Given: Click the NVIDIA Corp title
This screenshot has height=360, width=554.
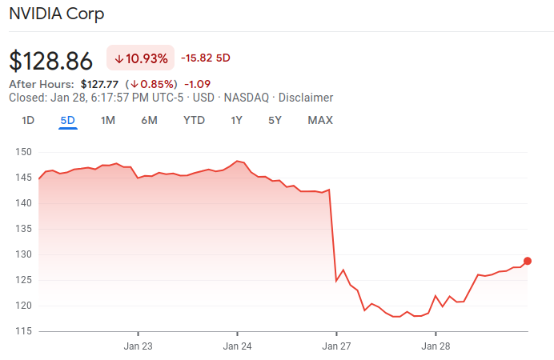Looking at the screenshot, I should click(56, 14).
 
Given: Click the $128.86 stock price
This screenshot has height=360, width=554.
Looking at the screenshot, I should click(50, 61).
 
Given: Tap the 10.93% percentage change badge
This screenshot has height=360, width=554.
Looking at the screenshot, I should click(141, 58).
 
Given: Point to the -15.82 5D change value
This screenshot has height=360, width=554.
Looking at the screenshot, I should click(206, 58).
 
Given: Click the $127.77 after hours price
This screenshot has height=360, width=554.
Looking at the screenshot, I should click(99, 83).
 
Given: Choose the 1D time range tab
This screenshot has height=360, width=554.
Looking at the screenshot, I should click(28, 121).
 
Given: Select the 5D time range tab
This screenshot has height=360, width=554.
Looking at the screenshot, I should click(67, 121).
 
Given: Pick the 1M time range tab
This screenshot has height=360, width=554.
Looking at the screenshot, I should click(108, 121).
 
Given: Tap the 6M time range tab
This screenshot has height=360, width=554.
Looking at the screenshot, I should click(149, 121).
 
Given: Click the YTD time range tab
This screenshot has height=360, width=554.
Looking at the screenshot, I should click(194, 121).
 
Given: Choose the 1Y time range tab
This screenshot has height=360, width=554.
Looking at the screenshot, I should click(236, 121).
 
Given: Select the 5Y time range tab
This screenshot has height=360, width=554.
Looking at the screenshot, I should click(275, 121).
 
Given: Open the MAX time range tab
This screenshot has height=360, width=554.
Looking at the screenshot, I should click(320, 121).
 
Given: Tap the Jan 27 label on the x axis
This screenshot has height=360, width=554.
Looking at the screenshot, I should click(336, 346).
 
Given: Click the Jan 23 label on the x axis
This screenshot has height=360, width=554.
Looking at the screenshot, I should click(138, 346).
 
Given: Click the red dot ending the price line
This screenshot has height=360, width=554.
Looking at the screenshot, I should click(528, 261).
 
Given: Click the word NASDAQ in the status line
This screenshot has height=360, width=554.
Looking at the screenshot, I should click(246, 98).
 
